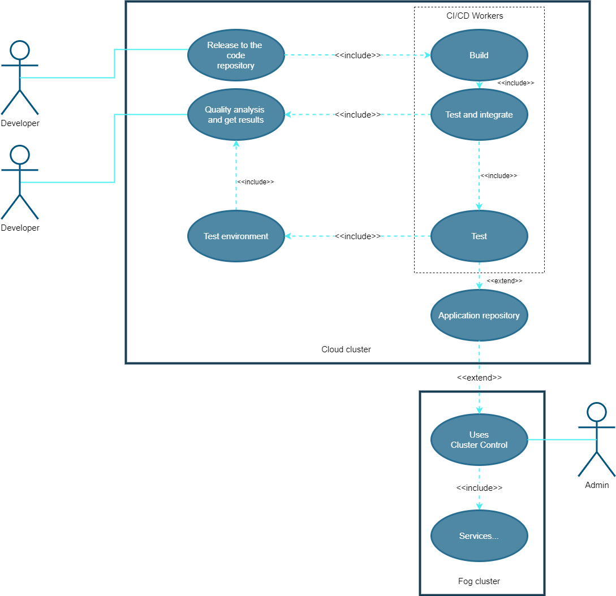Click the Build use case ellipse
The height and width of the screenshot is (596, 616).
(479, 55)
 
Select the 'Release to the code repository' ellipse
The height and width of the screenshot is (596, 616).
(236, 55)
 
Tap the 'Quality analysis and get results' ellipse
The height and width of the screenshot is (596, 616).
(236, 115)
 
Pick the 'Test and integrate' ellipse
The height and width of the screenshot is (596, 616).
(479, 115)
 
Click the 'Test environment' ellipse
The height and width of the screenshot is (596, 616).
(236, 236)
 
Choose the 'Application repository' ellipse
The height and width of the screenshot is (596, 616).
(479, 316)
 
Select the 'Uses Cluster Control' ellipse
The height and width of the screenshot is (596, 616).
(479, 440)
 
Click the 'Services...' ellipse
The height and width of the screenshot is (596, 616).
(479, 536)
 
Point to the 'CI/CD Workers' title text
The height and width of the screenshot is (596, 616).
(475, 16)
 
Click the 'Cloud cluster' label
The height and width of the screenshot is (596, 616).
(346, 349)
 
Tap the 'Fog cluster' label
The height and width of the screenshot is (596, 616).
(479, 581)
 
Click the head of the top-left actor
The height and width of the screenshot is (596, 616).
(20, 50)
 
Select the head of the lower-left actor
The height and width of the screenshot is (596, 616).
(20, 155)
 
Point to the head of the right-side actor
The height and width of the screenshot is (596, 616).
(597, 412)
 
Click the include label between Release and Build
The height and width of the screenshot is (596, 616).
(357, 55)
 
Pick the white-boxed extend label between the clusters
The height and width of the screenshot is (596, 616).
(479, 378)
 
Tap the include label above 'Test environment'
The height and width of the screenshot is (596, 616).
(255, 182)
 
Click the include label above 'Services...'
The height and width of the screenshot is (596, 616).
(479, 488)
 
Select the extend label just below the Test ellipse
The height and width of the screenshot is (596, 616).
(504, 281)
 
